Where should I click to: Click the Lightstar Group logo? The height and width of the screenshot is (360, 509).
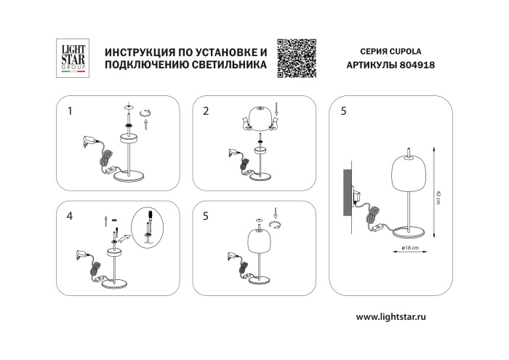point(71,58)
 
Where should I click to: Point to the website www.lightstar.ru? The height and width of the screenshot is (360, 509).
point(401,317)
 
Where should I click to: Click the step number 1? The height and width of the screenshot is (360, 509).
point(70,111)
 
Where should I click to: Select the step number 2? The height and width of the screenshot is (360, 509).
point(207,111)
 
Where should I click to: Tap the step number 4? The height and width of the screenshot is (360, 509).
point(70,216)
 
